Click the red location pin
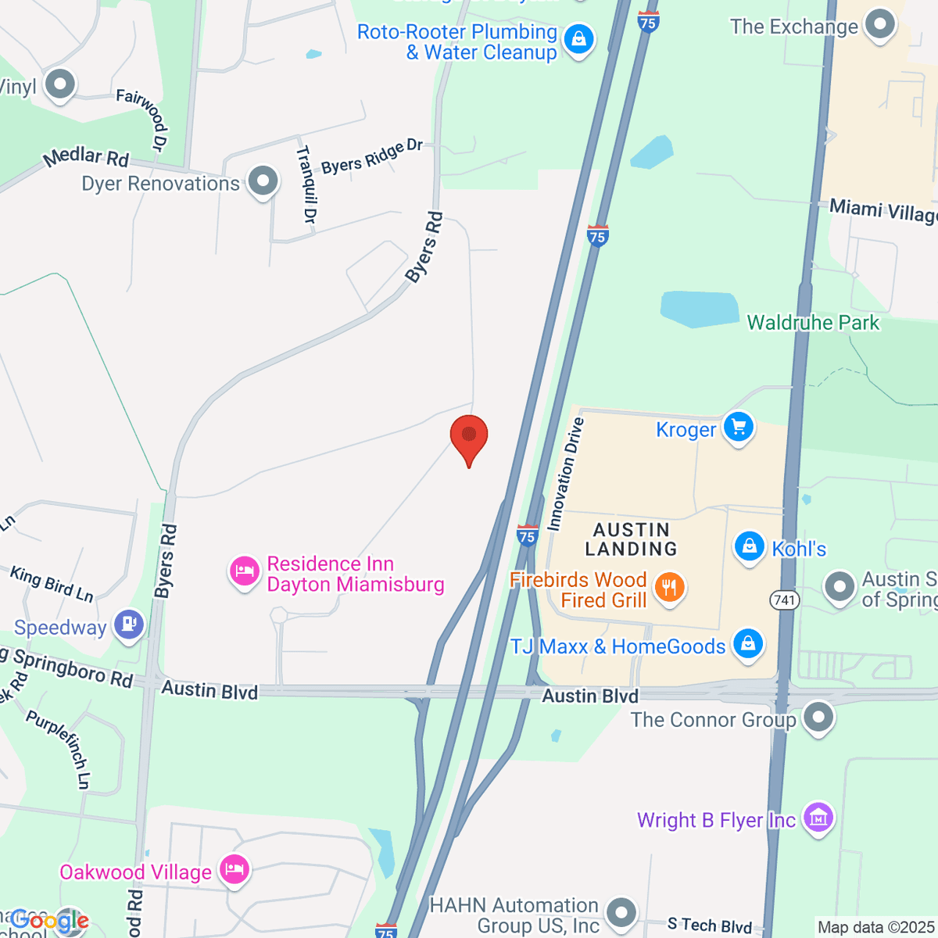coord(469,436)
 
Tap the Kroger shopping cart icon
coord(738,428)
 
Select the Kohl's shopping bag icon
coord(749,546)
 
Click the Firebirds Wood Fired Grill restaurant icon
coord(669,588)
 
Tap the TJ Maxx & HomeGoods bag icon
coord(747,645)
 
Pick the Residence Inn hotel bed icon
coord(244,572)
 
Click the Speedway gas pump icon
coord(128,625)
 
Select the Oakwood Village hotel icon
coord(234,870)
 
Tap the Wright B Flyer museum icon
coord(818,819)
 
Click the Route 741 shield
coord(784,600)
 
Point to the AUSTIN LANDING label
coord(631,539)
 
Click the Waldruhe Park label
coord(813,323)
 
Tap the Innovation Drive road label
coord(566,474)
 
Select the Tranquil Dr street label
coord(305,184)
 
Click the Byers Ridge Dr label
coord(372,157)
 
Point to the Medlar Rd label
coord(86,156)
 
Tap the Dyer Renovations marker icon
coord(263,181)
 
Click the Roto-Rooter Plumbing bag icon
coord(578,39)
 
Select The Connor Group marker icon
coord(818,718)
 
